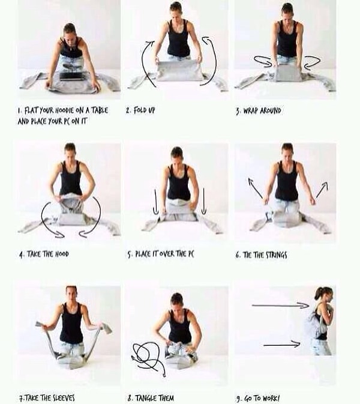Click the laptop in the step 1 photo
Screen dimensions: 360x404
click(73, 76)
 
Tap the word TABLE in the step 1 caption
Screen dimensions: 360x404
click(100, 110)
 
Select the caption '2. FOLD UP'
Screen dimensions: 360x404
click(140, 110)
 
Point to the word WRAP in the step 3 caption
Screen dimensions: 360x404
click(251, 111)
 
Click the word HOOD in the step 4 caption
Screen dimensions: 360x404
click(62, 254)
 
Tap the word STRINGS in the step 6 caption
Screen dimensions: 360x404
click(277, 255)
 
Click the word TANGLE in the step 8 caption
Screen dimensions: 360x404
click(145, 398)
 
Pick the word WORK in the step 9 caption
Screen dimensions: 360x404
click(271, 399)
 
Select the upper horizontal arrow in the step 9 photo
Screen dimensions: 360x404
click(280, 306)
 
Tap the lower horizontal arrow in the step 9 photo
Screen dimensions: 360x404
click(282, 345)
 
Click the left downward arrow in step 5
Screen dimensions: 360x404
click(156, 202)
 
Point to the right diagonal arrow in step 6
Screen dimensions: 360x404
click(322, 190)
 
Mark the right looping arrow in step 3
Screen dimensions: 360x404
click(312, 62)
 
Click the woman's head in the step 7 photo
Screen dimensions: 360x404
click(71, 293)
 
